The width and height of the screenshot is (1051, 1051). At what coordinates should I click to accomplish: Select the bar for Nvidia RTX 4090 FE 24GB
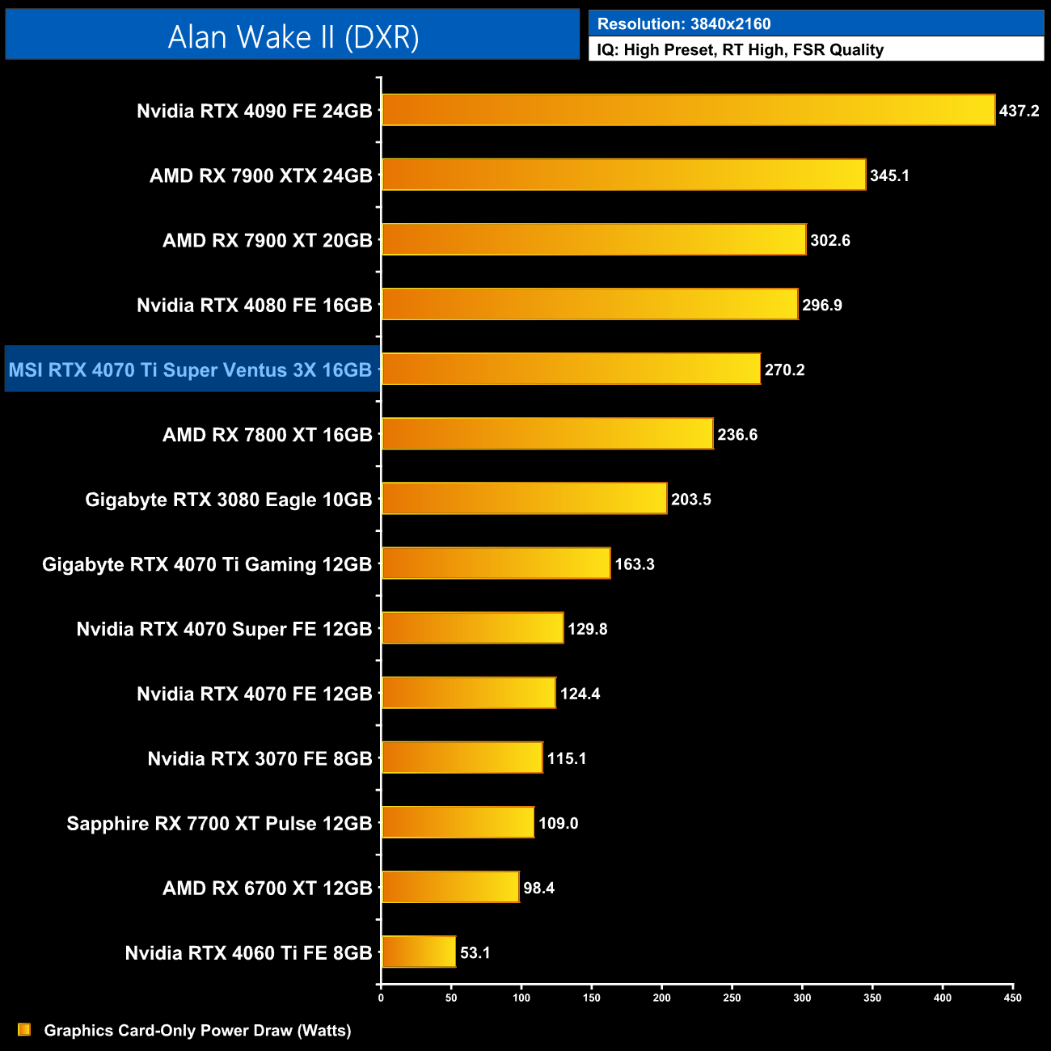click(688, 110)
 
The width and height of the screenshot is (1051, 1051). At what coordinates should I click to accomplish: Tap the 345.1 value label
click(889, 175)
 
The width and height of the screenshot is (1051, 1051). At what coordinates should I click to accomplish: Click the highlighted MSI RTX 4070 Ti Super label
click(191, 370)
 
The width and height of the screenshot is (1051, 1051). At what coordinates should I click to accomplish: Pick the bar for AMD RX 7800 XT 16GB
click(547, 434)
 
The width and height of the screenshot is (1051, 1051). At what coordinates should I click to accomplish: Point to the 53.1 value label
click(475, 952)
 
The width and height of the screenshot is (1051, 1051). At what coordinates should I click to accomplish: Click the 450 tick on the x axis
click(1012, 998)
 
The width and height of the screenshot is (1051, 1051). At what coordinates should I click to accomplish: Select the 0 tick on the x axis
click(381, 998)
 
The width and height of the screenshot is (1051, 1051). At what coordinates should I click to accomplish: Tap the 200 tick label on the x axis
click(661, 998)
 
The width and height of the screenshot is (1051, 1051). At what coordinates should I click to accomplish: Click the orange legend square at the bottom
click(24, 1029)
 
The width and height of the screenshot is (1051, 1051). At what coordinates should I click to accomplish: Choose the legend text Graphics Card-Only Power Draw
click(197, 1030)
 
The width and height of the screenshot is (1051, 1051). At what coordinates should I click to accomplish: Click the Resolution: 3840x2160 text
click(684, 24)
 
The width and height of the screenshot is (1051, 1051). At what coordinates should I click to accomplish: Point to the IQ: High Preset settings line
click(740, 50)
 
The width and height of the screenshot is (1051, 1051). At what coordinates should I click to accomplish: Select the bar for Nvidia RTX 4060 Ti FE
click(419, 952)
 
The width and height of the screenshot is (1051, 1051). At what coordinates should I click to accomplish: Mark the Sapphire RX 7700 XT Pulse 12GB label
click(219, 823)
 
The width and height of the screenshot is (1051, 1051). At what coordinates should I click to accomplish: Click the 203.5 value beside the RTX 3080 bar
click(691, 499)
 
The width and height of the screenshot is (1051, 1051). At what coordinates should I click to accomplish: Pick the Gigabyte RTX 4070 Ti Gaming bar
click(496, 563)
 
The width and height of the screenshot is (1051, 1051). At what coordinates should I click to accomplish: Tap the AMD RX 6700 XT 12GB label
click(267, 888)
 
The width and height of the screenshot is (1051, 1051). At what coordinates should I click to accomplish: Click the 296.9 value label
click(821, 305)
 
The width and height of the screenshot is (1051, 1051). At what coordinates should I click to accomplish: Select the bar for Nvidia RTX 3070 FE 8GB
click(462, 758)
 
